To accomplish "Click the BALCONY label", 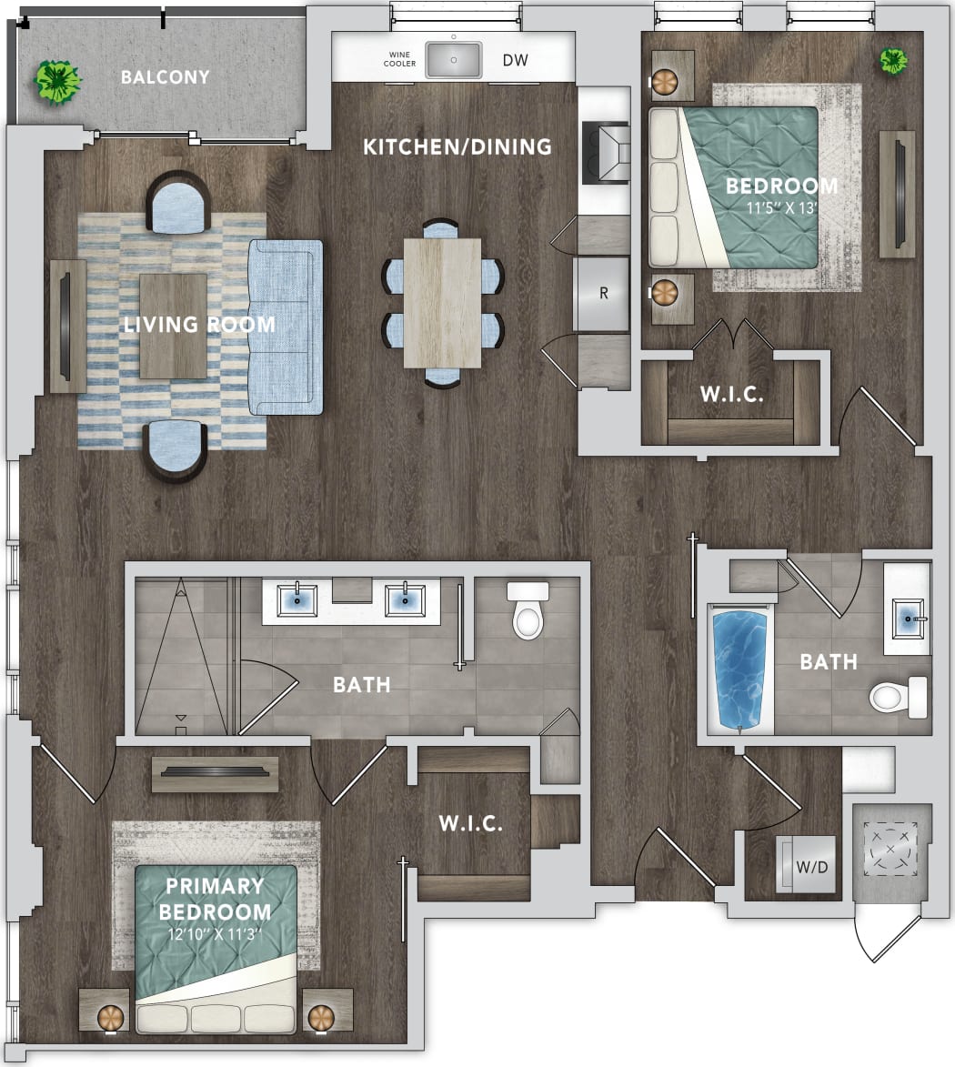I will pos(165,77).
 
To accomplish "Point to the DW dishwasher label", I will pos(515,61).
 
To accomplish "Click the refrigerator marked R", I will pos(602,293).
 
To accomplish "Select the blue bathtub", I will pos(739,669).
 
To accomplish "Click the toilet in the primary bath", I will pos(528,612).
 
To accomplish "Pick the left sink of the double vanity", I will pos(297,599).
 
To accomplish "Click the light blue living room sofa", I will pos(286,327).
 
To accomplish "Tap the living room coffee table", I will pos(173,325).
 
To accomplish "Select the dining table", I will pos(442,302).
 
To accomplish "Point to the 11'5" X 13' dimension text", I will pos(781,208).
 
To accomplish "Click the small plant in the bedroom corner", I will pos(893,61).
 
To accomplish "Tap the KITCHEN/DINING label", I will pos(457,146).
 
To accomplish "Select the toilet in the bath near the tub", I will pos(897,697).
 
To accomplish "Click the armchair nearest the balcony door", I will pos(177,203).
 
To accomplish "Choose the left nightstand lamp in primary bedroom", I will pos(110,1015).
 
